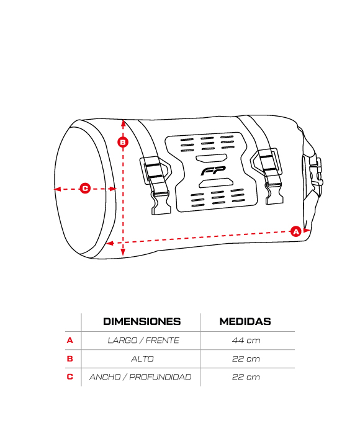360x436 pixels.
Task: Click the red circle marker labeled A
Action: coord(295,231)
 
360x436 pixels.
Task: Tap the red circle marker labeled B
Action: coord(123,142)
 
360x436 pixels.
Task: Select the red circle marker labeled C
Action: coord(85,189)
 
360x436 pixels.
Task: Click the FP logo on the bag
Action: coord(213,171)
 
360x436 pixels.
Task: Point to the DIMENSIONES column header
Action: coord(142,321)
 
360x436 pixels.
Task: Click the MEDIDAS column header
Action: coord(245,321)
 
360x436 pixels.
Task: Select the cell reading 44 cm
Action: coord(246,340)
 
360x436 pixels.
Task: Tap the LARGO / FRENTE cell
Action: coord(143,340)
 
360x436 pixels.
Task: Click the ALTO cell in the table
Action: coord(142,358)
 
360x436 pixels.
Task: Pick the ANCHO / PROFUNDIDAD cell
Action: coord(140,377)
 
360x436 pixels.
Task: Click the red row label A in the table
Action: coord(70,340)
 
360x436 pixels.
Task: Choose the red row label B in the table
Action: coord(70,358)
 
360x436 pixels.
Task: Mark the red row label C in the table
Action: coord(70,377)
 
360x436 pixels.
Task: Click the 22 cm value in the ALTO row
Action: coord(246,358)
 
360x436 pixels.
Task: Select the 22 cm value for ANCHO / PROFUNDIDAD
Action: coord(246,377)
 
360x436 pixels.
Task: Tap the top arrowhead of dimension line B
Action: coord(124,123)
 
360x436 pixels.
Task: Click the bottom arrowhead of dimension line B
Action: coord(123,252)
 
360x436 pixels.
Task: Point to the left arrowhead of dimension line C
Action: coord(57,189)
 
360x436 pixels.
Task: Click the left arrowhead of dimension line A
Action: coord(110,243)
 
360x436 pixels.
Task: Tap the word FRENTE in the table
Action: coord(163,340)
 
